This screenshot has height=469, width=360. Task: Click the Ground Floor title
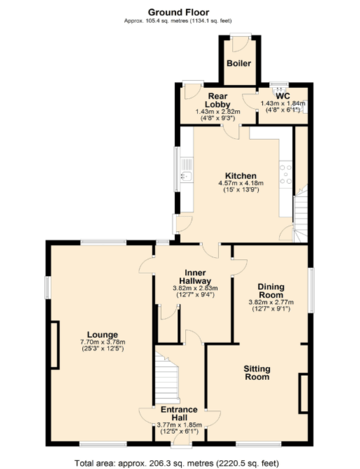[179, 12]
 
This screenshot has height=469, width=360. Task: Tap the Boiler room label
[237, 62]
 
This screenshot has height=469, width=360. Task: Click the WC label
[283, 96]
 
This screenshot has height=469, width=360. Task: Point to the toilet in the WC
[279, 90]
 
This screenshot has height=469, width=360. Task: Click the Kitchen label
[240, 175]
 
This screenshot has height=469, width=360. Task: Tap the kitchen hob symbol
[286, 174]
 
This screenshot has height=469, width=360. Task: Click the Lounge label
[102, 334]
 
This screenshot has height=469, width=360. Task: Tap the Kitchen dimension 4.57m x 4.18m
[240, 183]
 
